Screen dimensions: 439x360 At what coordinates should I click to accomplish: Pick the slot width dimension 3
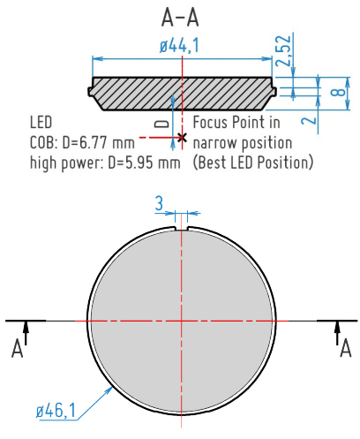pos(159,204)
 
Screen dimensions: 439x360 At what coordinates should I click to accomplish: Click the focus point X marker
pos(182,138)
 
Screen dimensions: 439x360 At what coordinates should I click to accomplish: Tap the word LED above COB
pos(41,122)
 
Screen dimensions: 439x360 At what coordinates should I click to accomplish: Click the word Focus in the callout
pos(213,122)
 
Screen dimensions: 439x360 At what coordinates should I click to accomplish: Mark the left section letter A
pos(16,350)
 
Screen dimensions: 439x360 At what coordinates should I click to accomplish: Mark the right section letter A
pos(344,350)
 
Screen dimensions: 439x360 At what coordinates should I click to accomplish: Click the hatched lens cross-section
pos(141,93)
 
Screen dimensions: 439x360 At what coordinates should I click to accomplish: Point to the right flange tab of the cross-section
pos(274,90)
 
